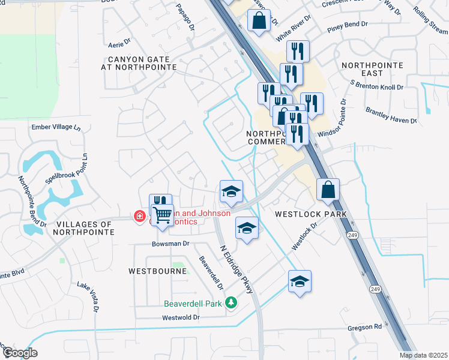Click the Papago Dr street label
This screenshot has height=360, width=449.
(185, 17)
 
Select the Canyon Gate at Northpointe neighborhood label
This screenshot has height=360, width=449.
(142, 64)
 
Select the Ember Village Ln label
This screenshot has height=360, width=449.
(55, 127)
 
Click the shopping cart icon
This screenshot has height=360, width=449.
(163, 214)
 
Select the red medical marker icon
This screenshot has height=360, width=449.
(139, 215)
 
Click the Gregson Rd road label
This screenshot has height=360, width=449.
(365, 328)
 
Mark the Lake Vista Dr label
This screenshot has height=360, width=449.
(88, 296)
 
